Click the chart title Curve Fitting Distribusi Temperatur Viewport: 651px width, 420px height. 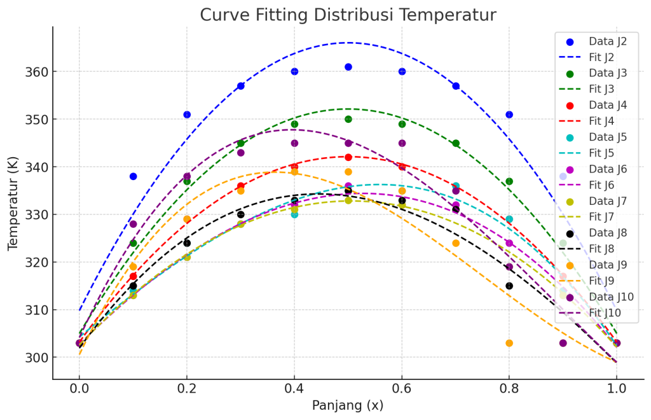pyautogui.click(x=348, y=15)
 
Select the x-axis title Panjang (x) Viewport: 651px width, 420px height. pyautogui.click(x=348, y=405)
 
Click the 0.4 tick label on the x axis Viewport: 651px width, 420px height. pyautogui.click(x=294, y=388)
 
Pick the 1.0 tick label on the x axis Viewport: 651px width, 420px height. pyautogui.click(x=616, y=388)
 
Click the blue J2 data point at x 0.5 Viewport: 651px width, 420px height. pyautogui.click(x=348, y=67)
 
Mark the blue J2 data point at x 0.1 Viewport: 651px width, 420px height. pyautogui.click(x=133, y=176)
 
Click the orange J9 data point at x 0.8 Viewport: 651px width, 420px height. pyautogui.click(x=509, y=343)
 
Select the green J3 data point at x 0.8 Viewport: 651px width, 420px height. pyautogui.click(x=509, y=181)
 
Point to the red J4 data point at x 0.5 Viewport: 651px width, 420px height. pyautogui.click(x=348, y=157)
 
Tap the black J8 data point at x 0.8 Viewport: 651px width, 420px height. pyautogui.click(x=509, y=286)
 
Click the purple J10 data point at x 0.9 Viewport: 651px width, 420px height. pyautogui.click(x=563, y=343)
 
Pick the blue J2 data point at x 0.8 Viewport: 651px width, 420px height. pyautogui.click(x=509, y=115)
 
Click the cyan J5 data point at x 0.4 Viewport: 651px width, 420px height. pyautogui.click(x=294, y=214)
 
